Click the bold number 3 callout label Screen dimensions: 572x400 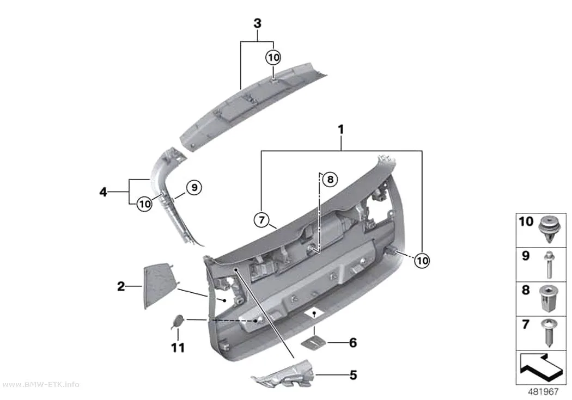(x=258, y=24)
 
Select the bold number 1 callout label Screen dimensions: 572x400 (x=341, y=130)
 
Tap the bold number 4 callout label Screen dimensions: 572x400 (x=104, y=192)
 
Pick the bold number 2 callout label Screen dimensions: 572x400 (x=121, y=286)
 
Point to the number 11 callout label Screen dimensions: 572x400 (x=178, y=348)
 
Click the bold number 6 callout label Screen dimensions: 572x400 (x=353, y=342)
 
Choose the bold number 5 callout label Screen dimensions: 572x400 (x=353, y=375)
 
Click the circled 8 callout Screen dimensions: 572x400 (x=330, y=179)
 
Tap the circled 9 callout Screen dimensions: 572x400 (x=194, y=187)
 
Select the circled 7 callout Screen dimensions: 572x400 (x=261, y=220)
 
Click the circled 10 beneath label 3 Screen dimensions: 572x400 (x=273, y=57)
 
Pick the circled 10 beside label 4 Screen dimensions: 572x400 (x=144, y=204)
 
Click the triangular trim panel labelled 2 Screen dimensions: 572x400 (x=157, y=286)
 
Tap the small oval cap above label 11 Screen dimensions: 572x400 (x=178, y=321)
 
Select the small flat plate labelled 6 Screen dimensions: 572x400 (x=313, y=343)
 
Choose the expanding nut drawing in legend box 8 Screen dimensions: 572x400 (x=548, y=299)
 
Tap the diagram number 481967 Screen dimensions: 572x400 (x=543, y=392)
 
